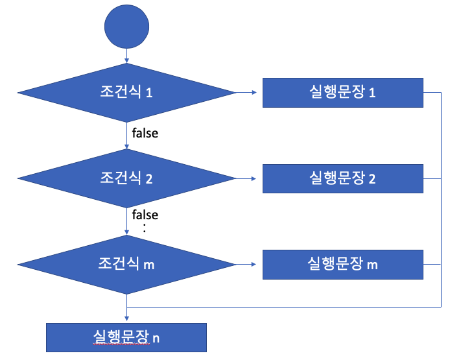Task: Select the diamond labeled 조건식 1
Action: pyautogui.click(x=126, y=92)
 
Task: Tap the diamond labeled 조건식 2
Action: pyautogui.click(x=126, y=178)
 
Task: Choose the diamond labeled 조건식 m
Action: pyautogui.click(x=126, y=264)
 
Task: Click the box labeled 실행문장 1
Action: pyautogui.click(x=343, y=92)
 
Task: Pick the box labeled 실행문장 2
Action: pyautogui.click(x=343, y=178)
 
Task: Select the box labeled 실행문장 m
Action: pyautogui.click(x=343, y=265)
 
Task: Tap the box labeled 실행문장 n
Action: pyautogui.click(x=126, y=337)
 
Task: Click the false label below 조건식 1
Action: pyautogui.click(x=145, y=134)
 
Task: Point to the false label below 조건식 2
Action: pyautogui.click(x=145, y=215)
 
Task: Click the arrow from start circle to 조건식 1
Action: pyautogui.click(x=126, y=56)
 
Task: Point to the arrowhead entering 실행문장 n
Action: pyautogui.click(x=126, y=319)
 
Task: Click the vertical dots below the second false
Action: pyautogui.click(x=145, y=228)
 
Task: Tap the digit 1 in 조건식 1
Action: pyautogui.click(x=150, y=93)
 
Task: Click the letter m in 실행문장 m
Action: pyautogui.click(x=372, y=265)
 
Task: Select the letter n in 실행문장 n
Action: pyautogui.click(x=156, y=337)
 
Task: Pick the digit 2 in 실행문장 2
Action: pyautogui.click(x=372, y=178)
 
